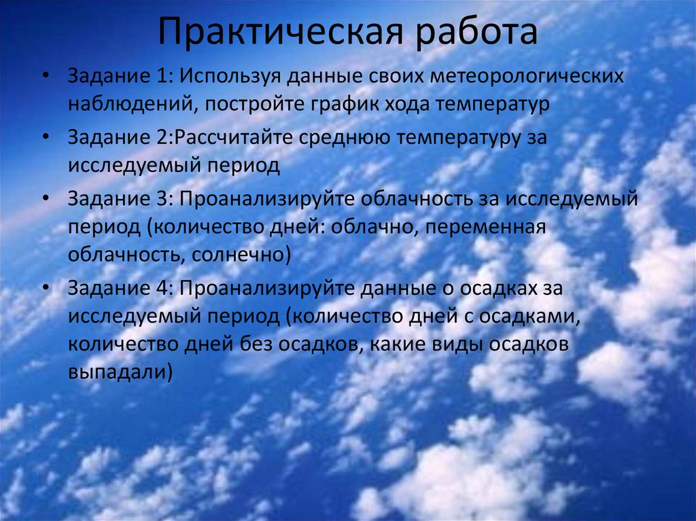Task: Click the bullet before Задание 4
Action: (44, 288)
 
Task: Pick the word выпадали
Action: (117, 373)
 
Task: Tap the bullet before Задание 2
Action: (44, 137)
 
